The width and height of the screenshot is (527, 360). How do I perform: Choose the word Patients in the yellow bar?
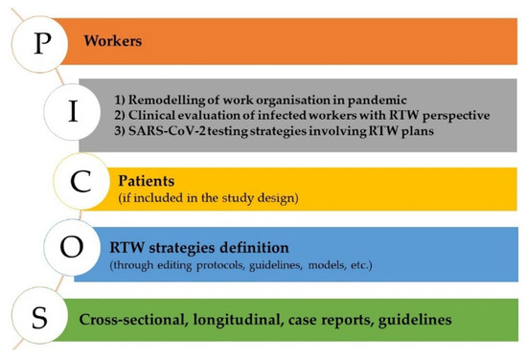pos(146,178)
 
